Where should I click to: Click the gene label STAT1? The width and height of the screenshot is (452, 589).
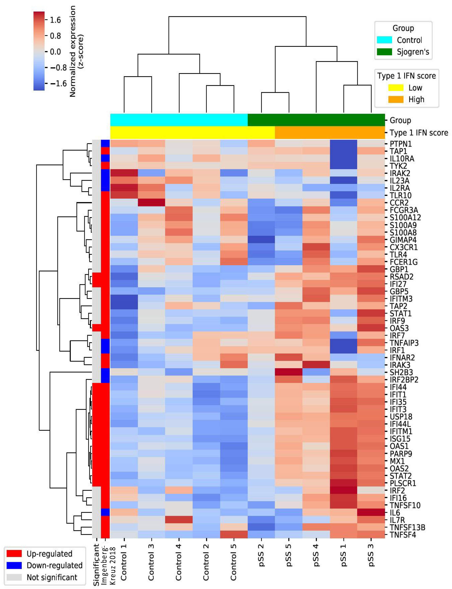(x=401, y=314)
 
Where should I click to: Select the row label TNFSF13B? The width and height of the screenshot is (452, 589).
(x=407, y=527)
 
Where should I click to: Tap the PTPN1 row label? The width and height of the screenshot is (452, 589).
(x=401, y=144)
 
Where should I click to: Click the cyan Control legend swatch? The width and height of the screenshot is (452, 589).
(x=384, y=40)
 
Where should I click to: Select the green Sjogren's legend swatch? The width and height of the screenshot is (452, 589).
(x=384, y=52)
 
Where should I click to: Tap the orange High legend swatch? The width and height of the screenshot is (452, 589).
(x=396, y=99)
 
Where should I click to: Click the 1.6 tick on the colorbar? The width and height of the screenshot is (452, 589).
(x=55, y=20)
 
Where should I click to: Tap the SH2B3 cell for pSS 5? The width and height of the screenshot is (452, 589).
(x=289, y=372)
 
